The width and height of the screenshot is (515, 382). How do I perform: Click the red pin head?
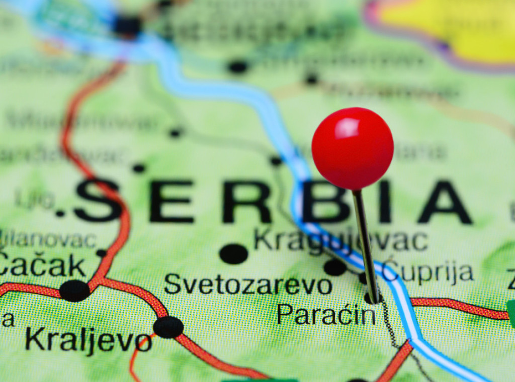pos(352,148)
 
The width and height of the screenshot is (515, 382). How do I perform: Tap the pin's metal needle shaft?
pos(365,242)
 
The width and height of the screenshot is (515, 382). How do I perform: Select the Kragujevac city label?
pos(340,240)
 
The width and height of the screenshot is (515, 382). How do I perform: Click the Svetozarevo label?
pos(247,285)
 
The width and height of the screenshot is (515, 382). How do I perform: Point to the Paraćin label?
pos(326,314)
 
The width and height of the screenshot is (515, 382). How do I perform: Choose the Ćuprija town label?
pos(427,273)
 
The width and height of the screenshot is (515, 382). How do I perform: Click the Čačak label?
pos(42,266)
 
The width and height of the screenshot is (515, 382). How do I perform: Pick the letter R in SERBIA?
pos(246,202)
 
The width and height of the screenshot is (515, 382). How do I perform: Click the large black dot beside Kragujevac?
pos(233,253)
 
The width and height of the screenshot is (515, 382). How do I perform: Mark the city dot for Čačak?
pos(74,291)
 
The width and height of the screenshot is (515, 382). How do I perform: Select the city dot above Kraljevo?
pos(168,327)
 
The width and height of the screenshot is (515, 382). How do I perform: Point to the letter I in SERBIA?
pos(385,202)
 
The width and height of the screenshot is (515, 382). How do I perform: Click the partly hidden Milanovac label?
pos(48,240)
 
